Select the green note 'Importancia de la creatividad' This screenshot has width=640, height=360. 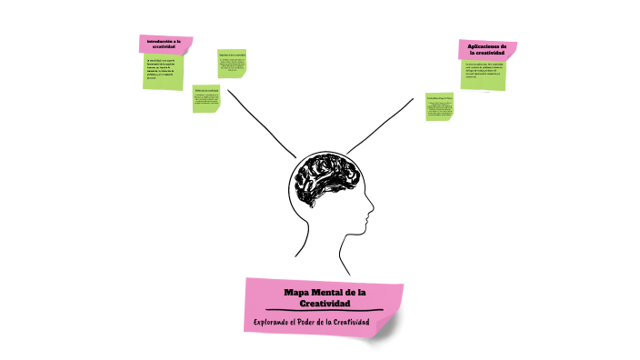232,62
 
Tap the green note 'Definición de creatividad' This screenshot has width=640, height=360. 206,98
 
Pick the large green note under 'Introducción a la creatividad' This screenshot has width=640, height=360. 164,73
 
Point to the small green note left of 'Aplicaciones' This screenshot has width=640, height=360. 440,107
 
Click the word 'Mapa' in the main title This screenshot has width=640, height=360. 297,291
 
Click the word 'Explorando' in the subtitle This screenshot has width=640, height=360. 275,323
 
